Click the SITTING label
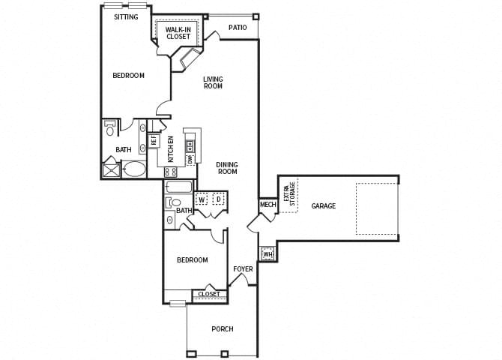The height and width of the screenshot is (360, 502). [126, 17]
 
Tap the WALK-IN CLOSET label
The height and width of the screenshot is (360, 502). [178, 32]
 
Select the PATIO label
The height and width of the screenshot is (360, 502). [238, 28]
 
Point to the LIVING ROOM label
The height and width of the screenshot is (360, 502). [214, 82]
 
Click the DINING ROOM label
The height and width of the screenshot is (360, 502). [227, 168]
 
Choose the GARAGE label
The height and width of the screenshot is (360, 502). [324, 206]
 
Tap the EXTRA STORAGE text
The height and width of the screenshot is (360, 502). [289, 195]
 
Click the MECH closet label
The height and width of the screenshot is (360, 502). [267, 205]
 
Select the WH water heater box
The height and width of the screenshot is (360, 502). [267, 254]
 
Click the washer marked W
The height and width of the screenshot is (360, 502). [202, 199]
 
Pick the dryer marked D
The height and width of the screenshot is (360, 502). [219, 199]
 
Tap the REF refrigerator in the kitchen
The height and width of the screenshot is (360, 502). [153, 139]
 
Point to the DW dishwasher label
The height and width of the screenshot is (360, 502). [190, 159]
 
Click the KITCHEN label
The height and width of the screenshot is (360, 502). [171, 148]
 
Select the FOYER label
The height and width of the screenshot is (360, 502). [243, 269]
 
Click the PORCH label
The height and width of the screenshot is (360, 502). [223, 328]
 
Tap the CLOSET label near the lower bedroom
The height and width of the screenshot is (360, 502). [208, 295]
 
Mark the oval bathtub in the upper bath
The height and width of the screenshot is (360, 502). [134, 169]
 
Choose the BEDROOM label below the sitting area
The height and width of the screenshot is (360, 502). [128, 76]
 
